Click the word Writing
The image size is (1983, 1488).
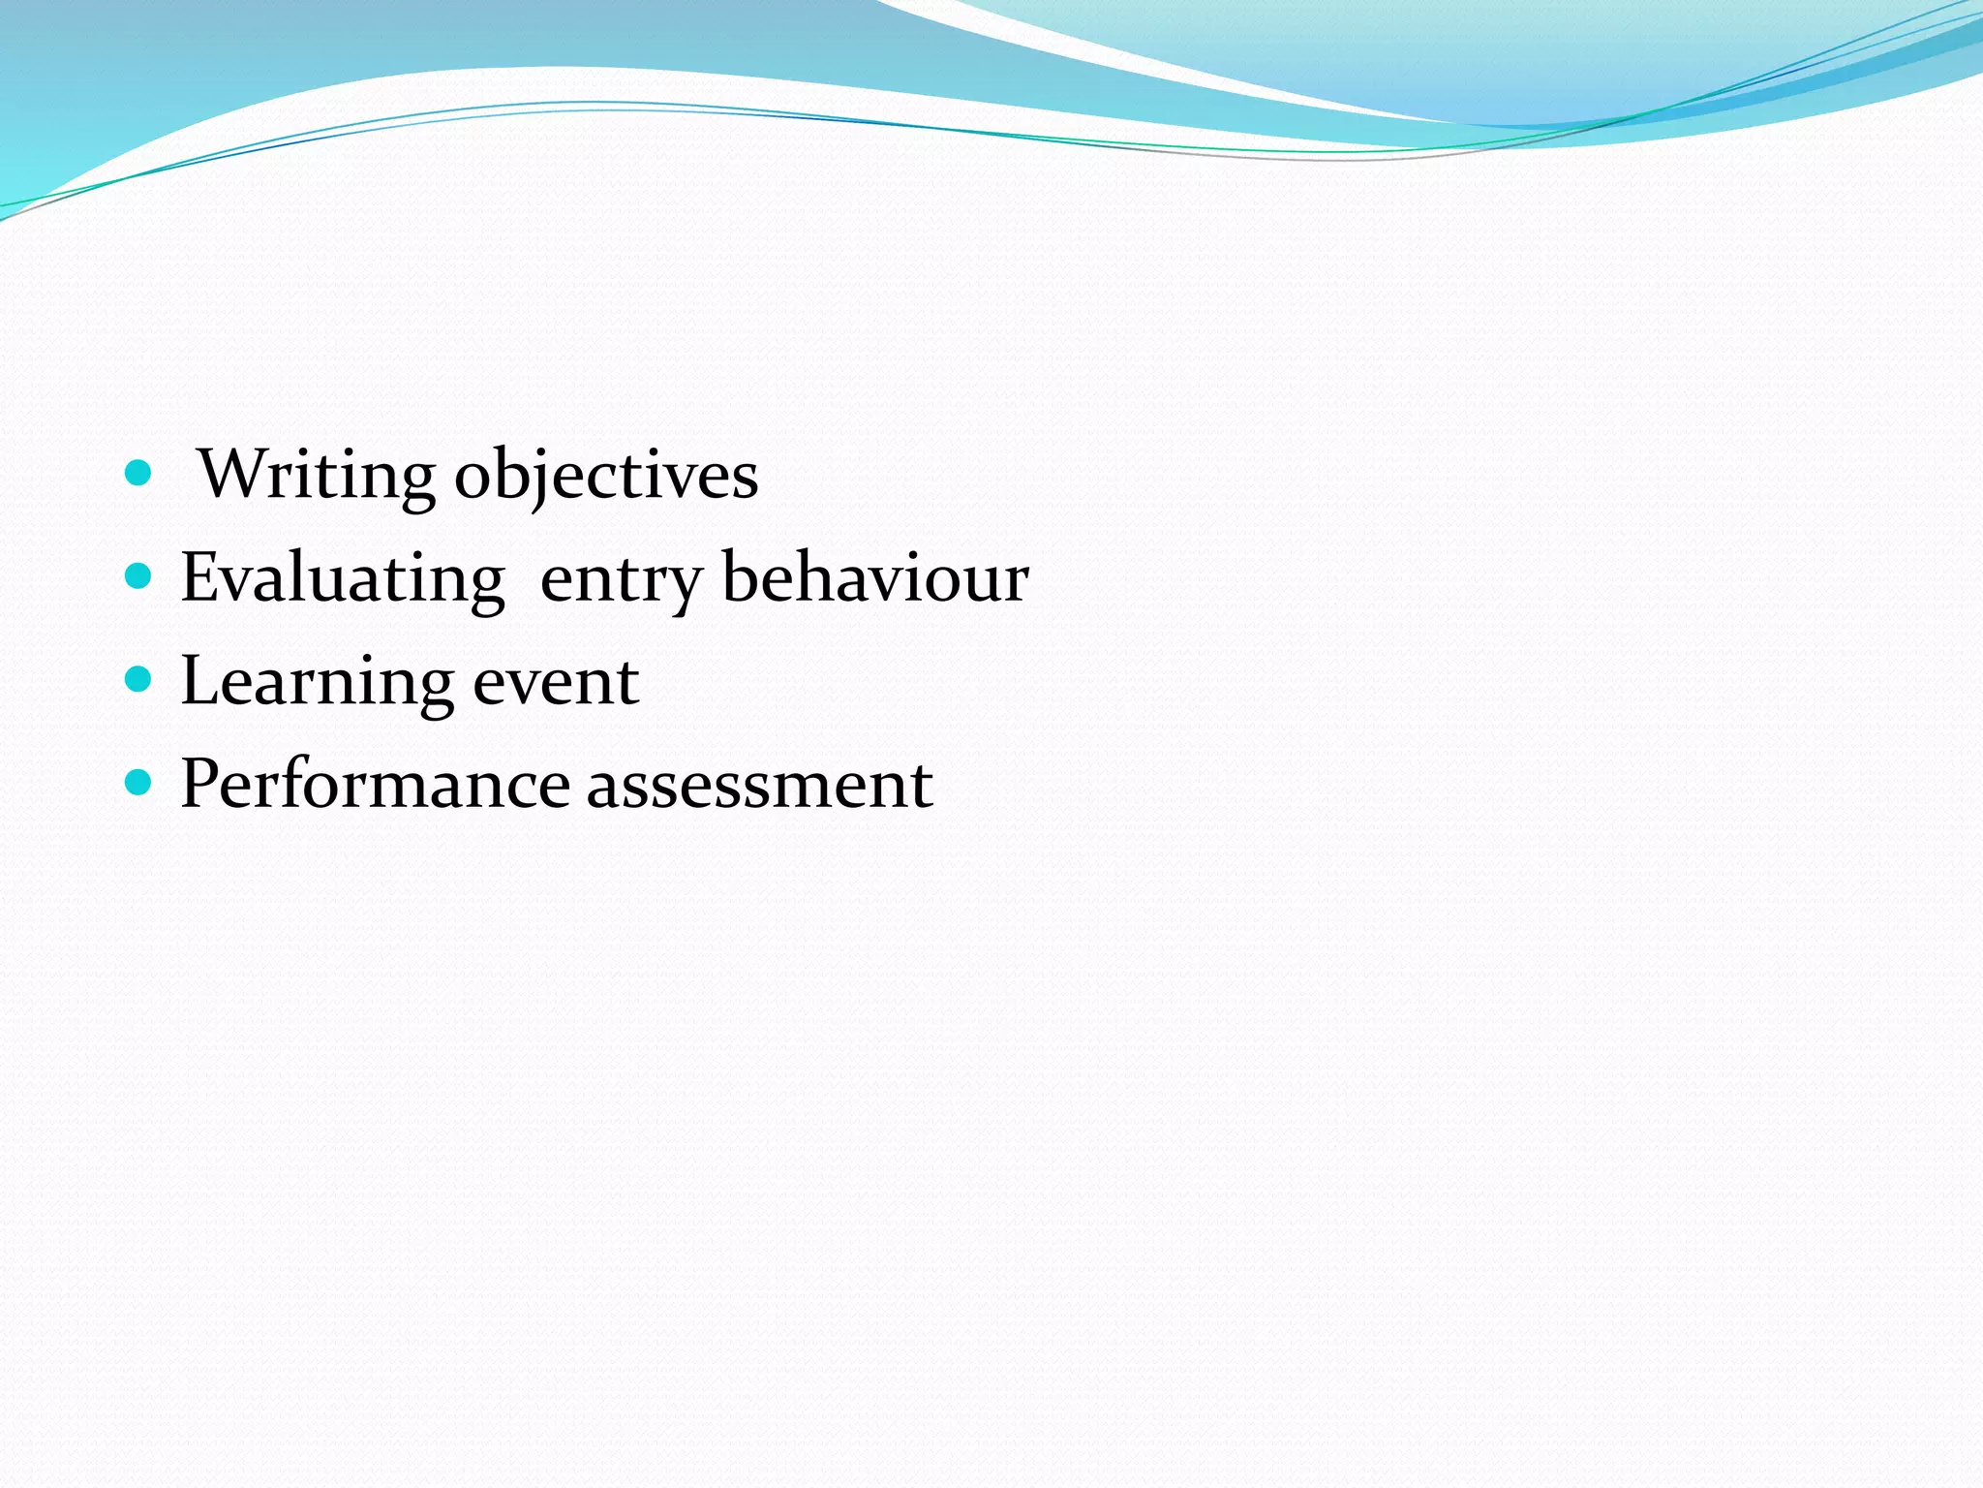pyautogui.click(x=317, y=475)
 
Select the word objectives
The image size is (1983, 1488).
pyautogui.click(x=606, y=475)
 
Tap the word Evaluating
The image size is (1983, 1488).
pyautogui.click(x=343, y=577)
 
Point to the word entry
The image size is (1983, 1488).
pyautogui.click(x=620, y=579)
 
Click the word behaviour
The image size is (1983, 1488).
pyautogui.click(x=875, y=577)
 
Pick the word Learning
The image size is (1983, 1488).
pyautogui.click(x=317, y=681)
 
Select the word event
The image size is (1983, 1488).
pyautogui.click(x=556, y=681)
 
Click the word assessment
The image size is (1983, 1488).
pyautogui.click(x=760, y=785)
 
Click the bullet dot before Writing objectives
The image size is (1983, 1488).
pyautogui.click(x=139, y=474)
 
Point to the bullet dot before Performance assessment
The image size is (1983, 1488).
pyautogui.click(x=139, y=783)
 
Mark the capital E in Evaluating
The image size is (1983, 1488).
pyautogui.click(x=200, y=577)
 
